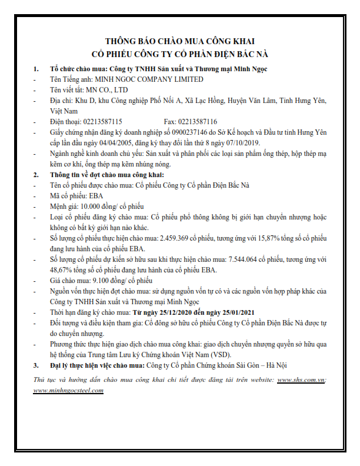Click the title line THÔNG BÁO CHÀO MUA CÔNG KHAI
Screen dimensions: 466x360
tap(179, 41)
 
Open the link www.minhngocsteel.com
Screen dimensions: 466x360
tap(69, 390)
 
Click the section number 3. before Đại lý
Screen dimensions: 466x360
tap(36, 365)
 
